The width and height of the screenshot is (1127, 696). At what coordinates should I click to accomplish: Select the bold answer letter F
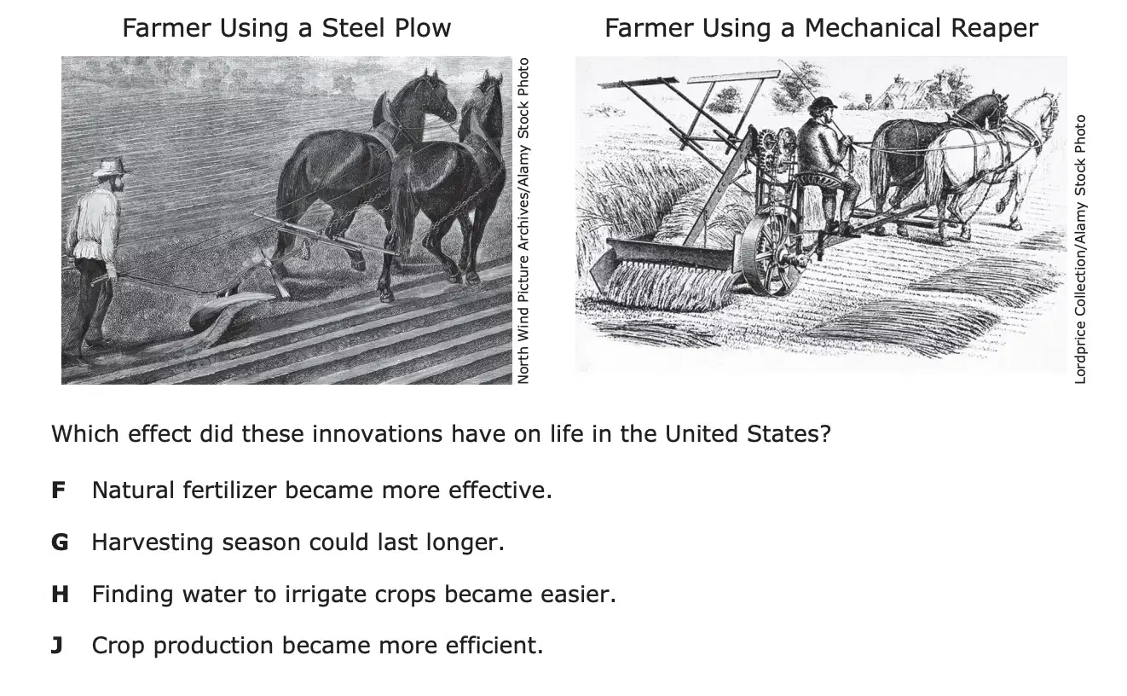tap(58, 490)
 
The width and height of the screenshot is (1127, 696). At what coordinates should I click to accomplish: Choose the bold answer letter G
tap(60, 542)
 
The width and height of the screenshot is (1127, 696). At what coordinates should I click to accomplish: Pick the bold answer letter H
tap(60, 594)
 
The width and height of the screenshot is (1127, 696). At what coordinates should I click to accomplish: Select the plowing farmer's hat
tap(112, 167)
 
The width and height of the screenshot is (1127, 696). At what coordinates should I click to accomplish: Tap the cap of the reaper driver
tap(823, 103)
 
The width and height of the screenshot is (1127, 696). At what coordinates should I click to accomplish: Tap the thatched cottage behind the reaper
tap(905, 93)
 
